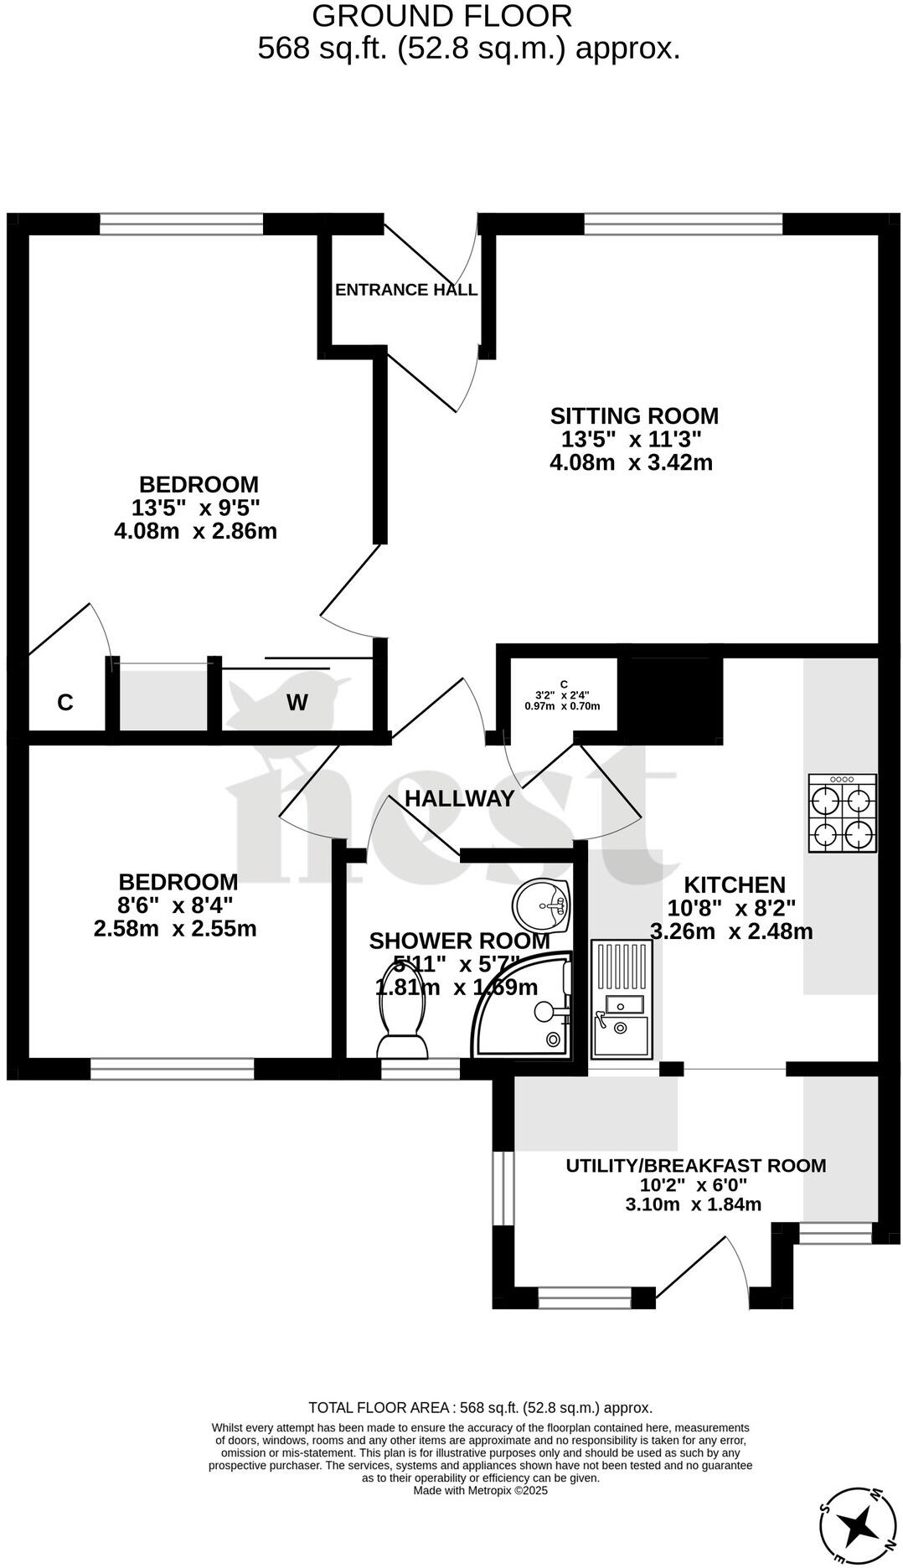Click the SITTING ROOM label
tap(634, 415)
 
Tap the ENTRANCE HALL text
tap(406, 290)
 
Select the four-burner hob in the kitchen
tap(842, 813)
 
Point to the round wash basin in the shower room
tap(542, 905)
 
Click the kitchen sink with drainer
tap(622, 998)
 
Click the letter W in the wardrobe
tap(297, 703)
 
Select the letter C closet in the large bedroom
tap(65, 703)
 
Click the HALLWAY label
tap(459, 798)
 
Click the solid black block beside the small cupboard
tap(675, 699)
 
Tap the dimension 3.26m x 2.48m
tap(731, 931)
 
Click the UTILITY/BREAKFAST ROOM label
tap(695, 1165)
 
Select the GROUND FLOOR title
tap(442, 16)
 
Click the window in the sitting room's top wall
tap(683, 223)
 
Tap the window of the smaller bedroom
tap(172, 1069)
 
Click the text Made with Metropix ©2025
tap(480, 1490)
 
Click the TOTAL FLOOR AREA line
tap(480, 1408)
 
